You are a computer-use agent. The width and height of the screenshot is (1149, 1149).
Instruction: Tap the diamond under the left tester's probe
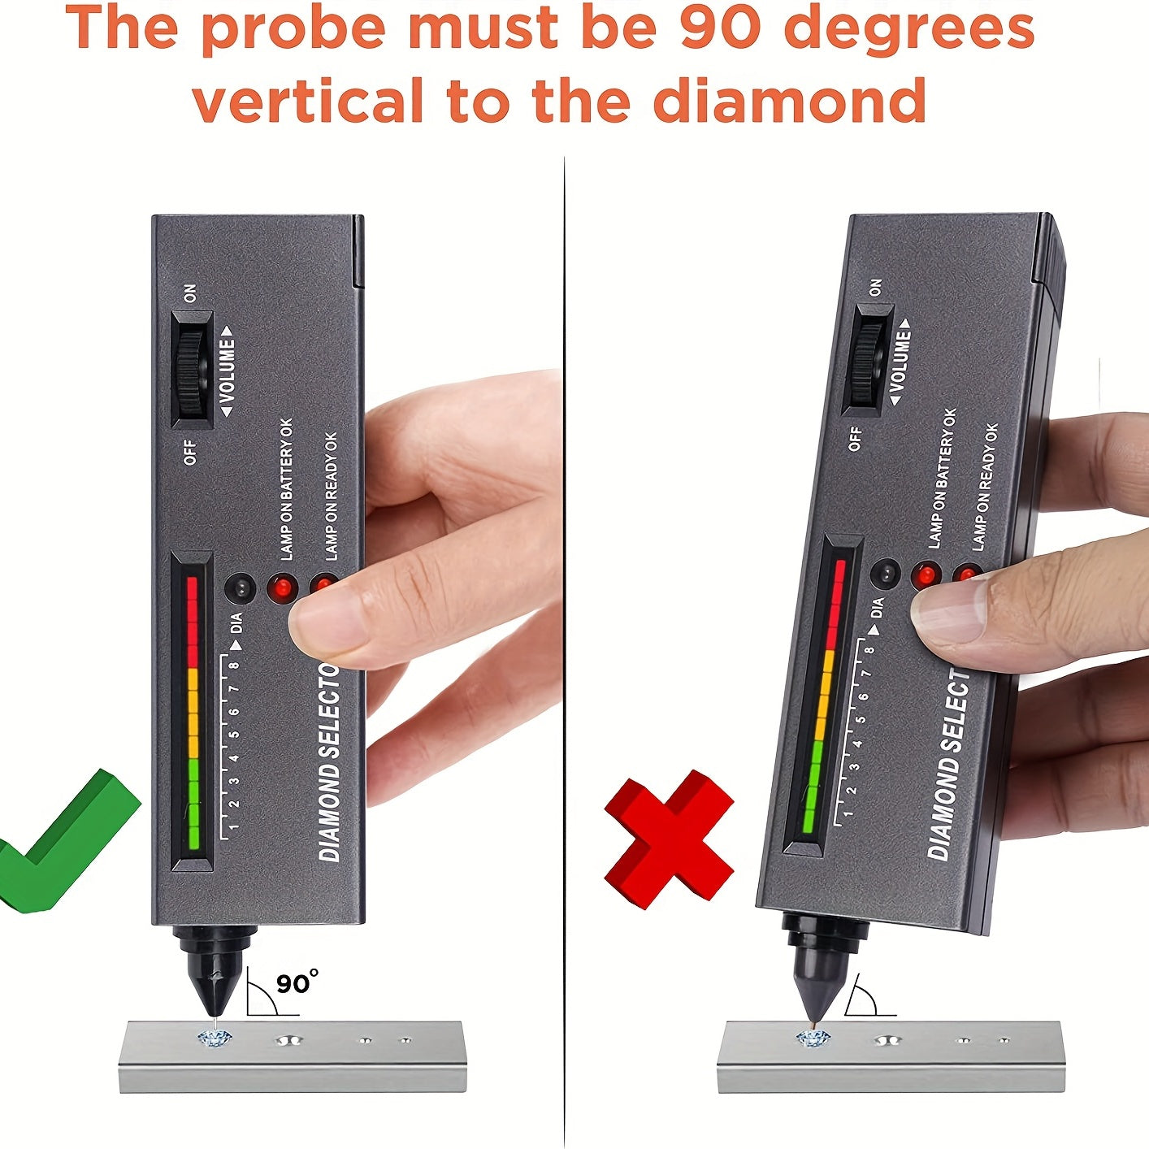click(x=216, y=1037)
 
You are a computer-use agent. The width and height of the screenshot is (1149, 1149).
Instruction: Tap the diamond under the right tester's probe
click(x=813, y=1038)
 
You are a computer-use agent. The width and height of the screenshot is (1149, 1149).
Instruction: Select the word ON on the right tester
click(x=874, y=288)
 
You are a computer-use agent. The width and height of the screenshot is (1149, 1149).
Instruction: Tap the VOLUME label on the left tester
click(x=227, y=371)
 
